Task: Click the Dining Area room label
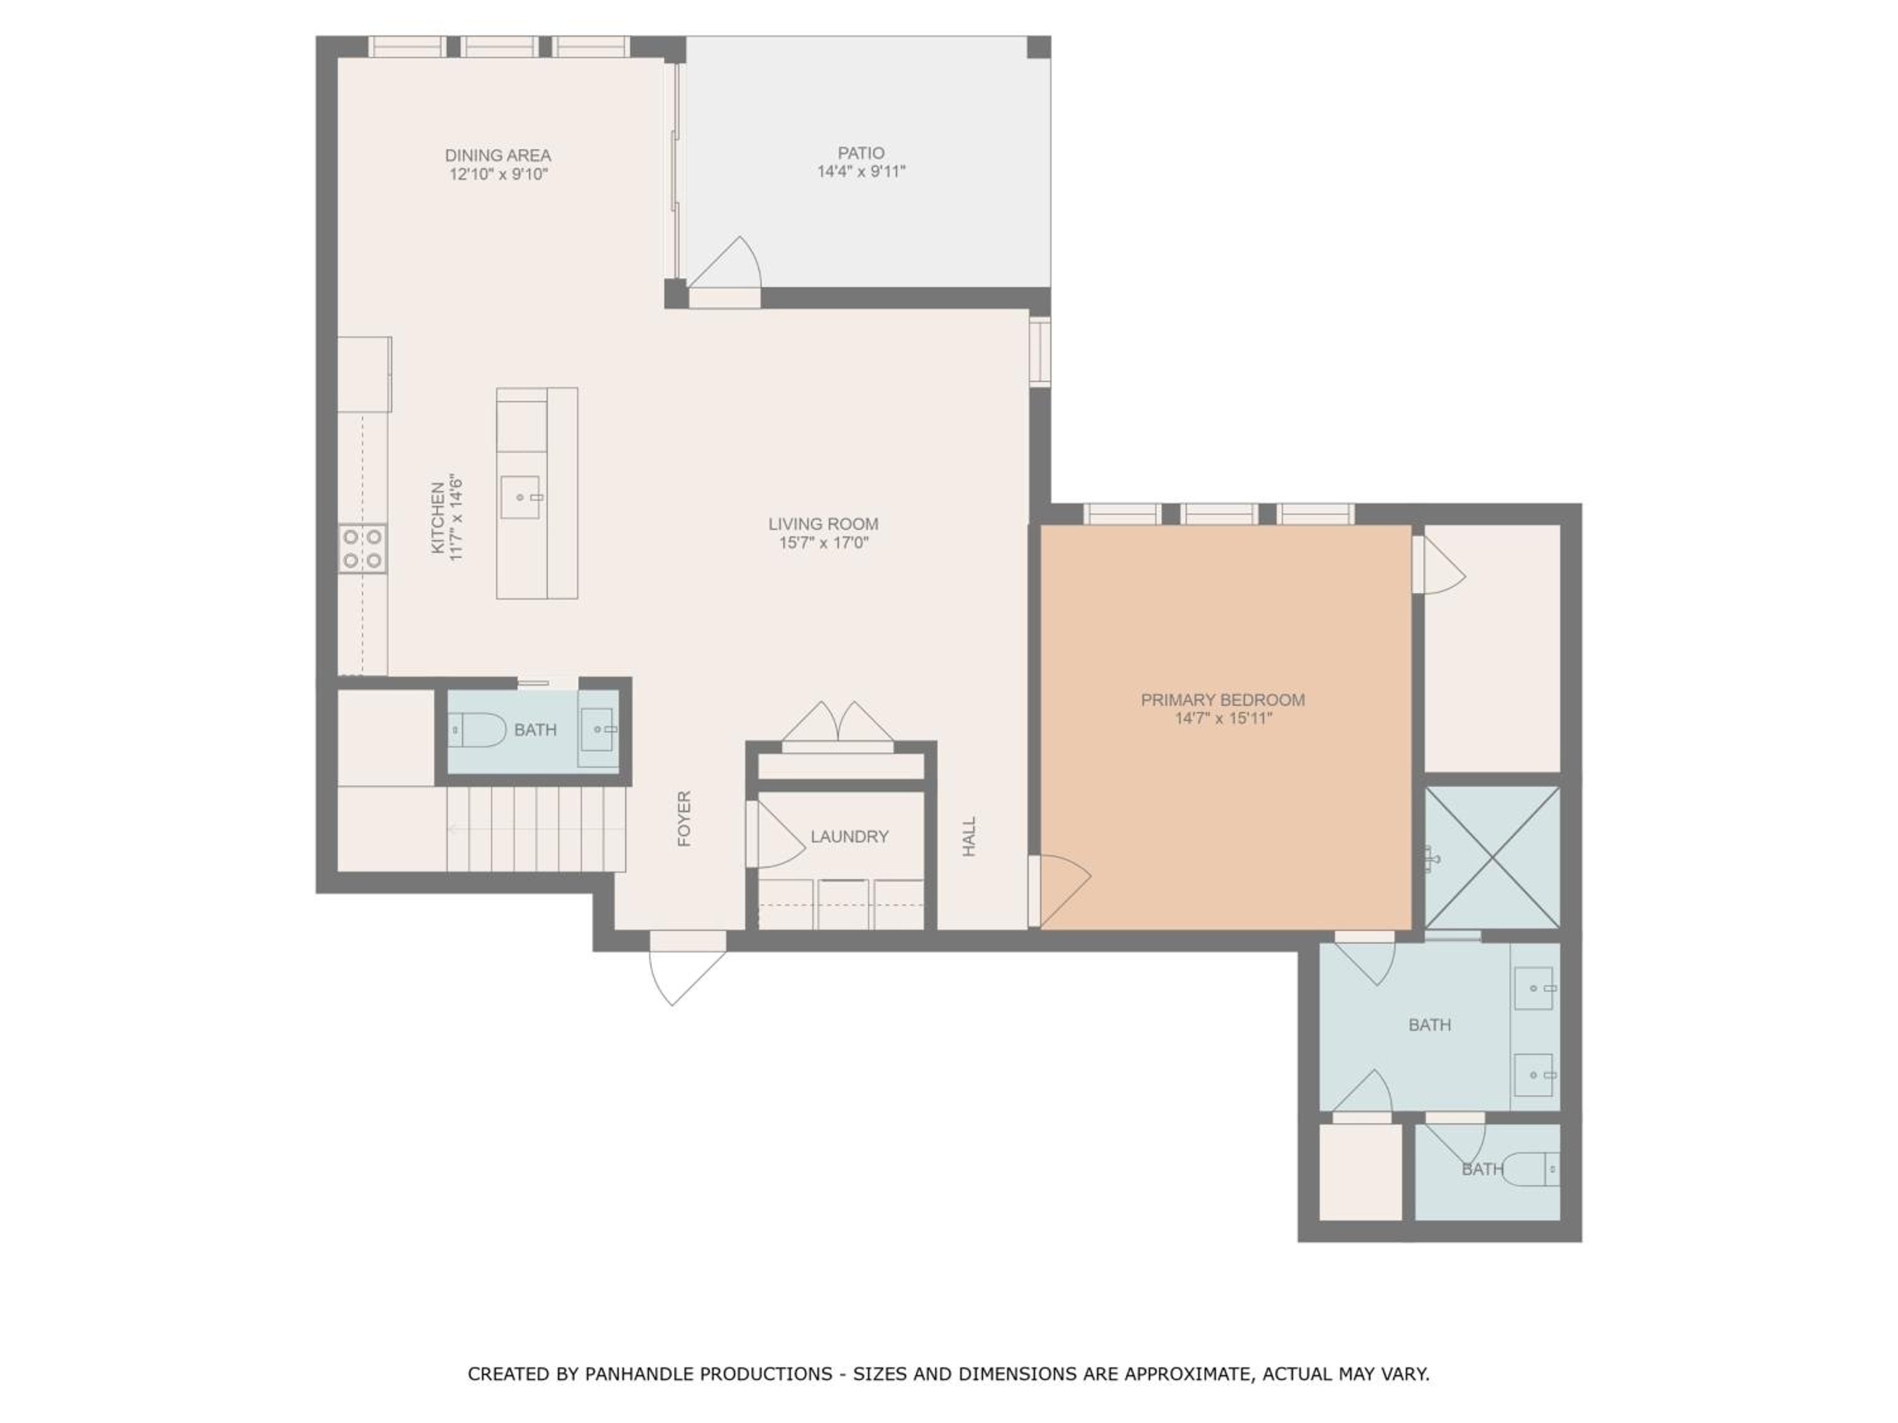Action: [498, 155]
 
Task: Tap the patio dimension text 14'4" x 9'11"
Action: [860, 171]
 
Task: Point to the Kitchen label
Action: [438, 518]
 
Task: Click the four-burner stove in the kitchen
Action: [362, 549]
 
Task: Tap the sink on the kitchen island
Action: [521, 498]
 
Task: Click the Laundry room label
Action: [850, 836]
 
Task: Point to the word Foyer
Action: [684, 819]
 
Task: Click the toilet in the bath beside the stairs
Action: [478, 730]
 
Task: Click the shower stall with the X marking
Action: [1492, 857]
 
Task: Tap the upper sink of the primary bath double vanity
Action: [1534, 988]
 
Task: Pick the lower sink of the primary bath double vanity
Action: [1534, 1075]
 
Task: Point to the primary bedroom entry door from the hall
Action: [1060, 891]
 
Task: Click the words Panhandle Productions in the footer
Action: [709, 1374]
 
